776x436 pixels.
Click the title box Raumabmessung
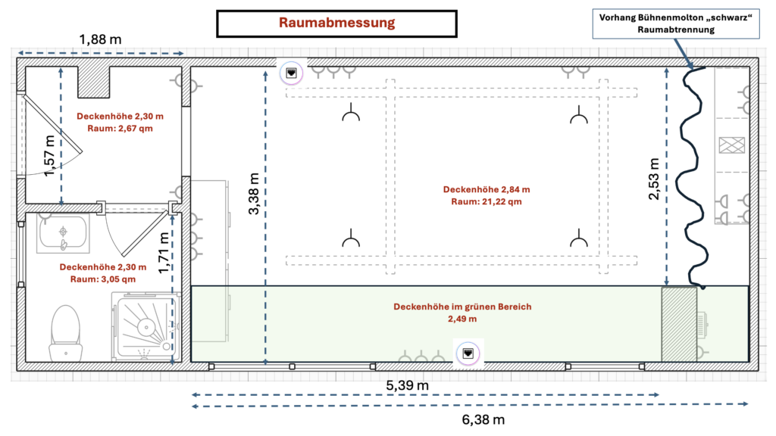coord(336,23)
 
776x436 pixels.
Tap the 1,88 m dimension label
coord(101,39)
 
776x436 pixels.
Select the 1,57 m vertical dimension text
coord(50,157)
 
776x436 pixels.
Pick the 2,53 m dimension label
coord(654,179)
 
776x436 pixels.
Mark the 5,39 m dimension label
coord(408,385)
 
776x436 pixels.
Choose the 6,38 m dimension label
coord(482,418)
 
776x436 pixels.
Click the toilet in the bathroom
coord(64,332)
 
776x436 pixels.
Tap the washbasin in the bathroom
coord(64,234)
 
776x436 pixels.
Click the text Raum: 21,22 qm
coord(487,202)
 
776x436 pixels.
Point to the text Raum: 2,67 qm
coord(120,129)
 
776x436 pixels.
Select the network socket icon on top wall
coord(292,73)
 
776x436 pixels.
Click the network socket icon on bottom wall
coord(468,353)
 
